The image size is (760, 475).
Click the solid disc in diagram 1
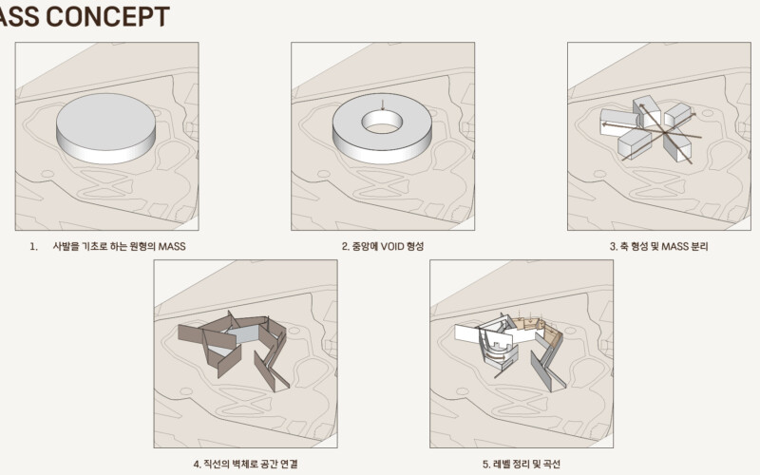pyautogui.click(x=105, y=128)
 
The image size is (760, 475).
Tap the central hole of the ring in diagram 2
pyautogui.click(x=382, y=122)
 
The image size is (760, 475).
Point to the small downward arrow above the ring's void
pyautogui.click(x=383, y=104)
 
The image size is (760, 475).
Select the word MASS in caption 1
pyautogui.click(x=172, y=246)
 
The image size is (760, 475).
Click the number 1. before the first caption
pyautogui.click(x=33, y=246)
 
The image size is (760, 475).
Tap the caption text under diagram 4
pyautogui.click(x=245, y=464)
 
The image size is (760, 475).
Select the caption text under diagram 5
pyautogui.click(x=521, y=464)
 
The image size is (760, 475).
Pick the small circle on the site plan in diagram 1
pyautogui.click(x=47, y=174)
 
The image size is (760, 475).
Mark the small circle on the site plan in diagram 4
pyautogui.click(x=186, y=391)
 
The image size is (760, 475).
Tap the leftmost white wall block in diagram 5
pyautogui.click(x=467, y=333)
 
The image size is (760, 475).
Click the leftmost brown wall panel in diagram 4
pyautogui.click(x=191, y=333)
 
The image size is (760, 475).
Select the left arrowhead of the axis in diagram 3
pyautogui.click(x=605, y=124)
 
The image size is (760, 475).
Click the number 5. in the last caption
pyautogui.click(x=486, y=464)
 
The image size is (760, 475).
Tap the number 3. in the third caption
pyautogui.click(x=613, y=246)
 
